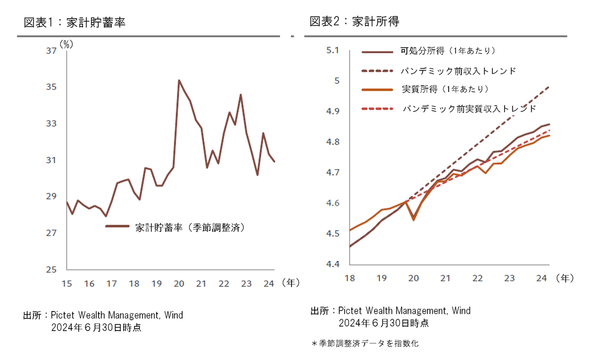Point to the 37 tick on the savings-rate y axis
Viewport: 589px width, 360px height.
(x=51, y=51)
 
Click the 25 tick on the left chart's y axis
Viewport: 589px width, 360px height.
(x=51, y=270)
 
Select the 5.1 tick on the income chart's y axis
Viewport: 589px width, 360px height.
(x=333, y=50)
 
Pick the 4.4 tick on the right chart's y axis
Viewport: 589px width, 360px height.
(x=333, y=264)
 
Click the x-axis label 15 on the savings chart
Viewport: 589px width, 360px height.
(x=67, y=283)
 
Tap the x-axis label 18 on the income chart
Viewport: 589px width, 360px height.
(x=350, y=278)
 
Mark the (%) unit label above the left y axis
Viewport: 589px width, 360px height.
(x=66, y=44)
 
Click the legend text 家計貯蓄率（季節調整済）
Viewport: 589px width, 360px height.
(x=190, y=227)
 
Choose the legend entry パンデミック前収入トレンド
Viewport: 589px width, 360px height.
(x=458, y=71)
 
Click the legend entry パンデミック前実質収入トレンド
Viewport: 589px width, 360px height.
(x=469, y=108)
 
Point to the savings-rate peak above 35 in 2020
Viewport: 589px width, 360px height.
(x=179, y=80)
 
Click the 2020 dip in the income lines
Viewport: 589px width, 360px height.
(x=413, y=219)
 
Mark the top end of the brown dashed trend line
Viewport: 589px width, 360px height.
(x=548, y=87)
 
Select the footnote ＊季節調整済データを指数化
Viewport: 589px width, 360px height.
(x=365, y=344)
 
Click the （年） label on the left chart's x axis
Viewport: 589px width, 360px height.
(x=291, y=283)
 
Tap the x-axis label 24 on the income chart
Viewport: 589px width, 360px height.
(x=541, y=278)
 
